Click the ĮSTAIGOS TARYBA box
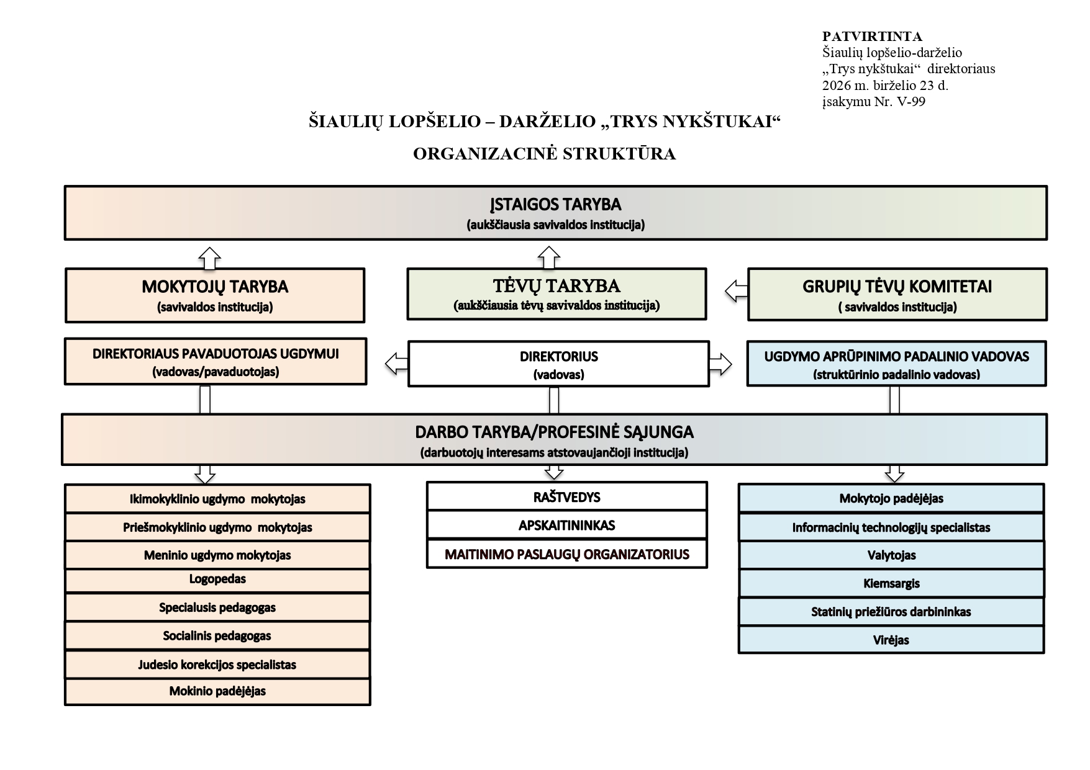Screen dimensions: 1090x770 [x=555, y=212]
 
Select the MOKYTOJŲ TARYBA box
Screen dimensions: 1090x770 [x=215, y=295]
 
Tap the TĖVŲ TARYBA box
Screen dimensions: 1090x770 [x=556, y=294]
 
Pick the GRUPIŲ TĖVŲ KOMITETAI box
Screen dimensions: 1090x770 [x=897, y=294]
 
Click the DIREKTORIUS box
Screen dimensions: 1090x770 [x=558, y=364]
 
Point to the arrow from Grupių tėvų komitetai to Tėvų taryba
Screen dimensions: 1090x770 [x=737, y=290]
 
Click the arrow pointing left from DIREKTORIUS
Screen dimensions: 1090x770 [x=397, y=363]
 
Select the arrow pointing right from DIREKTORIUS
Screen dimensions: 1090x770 [x=720, y=364]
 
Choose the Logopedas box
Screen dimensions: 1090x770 [x=217, y=580]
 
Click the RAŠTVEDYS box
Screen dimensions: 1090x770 [x=566, y=496]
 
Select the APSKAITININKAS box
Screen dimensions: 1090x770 [x=566, y=525]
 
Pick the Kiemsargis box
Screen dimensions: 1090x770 [x=891, y=583]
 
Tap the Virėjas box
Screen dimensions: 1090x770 [x=891, y=640]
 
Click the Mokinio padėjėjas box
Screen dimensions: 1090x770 [x=217, y=692]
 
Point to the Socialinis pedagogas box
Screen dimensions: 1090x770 [x=217, y=636]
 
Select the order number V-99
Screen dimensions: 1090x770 [x=908, y=102]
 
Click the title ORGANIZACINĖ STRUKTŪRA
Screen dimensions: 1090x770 [x=545, y=154]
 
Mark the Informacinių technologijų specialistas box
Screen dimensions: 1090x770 [x=891, y=527]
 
